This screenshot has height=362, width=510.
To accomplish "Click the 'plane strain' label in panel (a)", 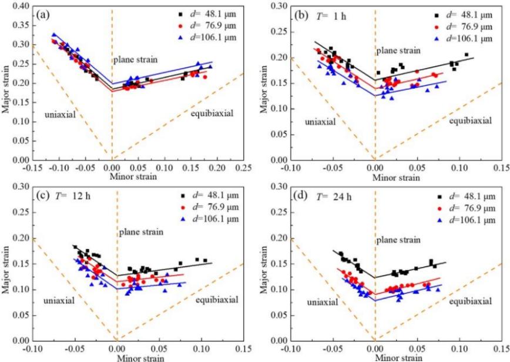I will (x=136, y=61).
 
